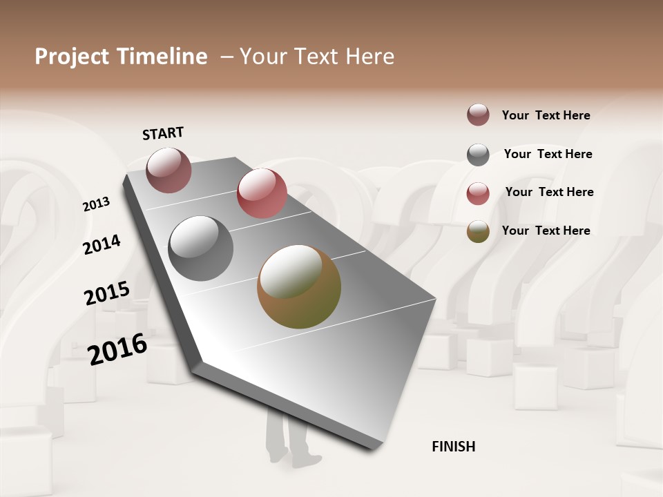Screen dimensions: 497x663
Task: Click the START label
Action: (x=163, y=133)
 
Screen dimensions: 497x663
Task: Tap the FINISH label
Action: (x=453, y=447)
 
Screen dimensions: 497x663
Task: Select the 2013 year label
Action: (x=96, y=204)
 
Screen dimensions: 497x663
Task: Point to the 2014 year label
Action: (x=102, y=244)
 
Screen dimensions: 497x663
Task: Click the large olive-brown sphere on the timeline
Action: (x=299, y=286)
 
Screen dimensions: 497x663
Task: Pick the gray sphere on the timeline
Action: (x=201, y=248)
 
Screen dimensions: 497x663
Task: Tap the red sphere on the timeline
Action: (x=262, y=193)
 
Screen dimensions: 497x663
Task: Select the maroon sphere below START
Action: (x=169, y=170)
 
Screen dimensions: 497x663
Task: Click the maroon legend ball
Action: (x=478, y=115)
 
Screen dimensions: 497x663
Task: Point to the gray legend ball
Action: (x=478, y=155)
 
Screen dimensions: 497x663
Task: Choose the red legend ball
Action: (x=478, y=193)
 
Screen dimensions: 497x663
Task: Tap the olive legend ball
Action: (x=478, y=231)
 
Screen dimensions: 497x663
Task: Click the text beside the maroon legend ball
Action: (x=546, y=115)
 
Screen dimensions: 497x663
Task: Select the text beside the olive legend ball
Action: (x=546, y=231)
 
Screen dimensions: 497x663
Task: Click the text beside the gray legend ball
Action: (x=548, y=154)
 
